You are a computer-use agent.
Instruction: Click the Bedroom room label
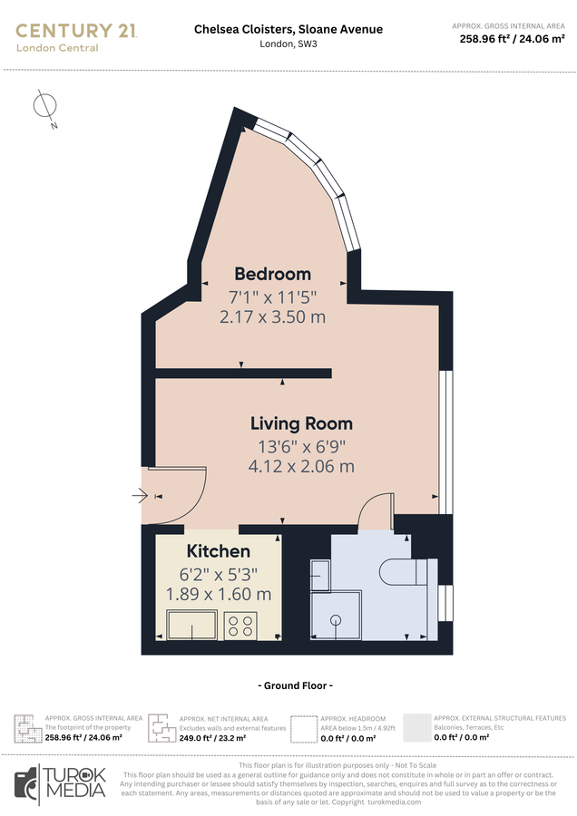272,274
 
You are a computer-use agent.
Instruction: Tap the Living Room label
301,423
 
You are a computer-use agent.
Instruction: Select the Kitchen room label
218,551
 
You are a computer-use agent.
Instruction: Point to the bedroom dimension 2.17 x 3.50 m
272,317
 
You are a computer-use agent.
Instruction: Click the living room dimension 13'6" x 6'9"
301,446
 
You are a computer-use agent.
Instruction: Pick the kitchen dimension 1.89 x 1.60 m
218,595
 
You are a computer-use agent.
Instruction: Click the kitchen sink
192,625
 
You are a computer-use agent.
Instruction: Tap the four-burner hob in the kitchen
240,625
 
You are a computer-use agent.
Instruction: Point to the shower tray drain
336,620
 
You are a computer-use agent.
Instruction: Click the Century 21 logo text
76,31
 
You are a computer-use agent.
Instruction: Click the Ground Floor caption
295,685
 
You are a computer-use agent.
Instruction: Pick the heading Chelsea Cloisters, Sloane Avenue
288,29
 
